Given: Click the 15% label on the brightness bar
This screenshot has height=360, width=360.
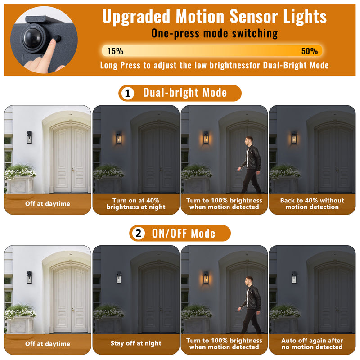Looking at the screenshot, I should [115, 51].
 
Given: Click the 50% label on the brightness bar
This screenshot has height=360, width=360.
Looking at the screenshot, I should [309, 51].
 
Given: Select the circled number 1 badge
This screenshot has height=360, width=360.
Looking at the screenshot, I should [128, 94].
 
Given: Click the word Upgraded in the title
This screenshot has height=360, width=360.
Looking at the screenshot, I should [136, 17].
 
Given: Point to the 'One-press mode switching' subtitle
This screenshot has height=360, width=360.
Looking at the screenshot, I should [214, 33].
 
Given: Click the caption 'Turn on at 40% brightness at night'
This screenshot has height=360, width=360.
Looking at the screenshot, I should [136, 204].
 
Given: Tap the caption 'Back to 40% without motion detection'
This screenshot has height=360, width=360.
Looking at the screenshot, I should [312, 204].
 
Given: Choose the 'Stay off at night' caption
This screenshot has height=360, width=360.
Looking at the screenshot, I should [136, 343].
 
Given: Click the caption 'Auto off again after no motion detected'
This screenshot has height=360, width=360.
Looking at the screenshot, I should [312, 344].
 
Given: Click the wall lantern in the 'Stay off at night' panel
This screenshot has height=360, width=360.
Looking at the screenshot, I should [119, 277].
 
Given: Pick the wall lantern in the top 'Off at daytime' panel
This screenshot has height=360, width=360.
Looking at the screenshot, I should [29, 137].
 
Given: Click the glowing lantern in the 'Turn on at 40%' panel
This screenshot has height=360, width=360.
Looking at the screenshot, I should [119, 137].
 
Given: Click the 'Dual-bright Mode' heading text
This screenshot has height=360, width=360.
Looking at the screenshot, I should [185, 93].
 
